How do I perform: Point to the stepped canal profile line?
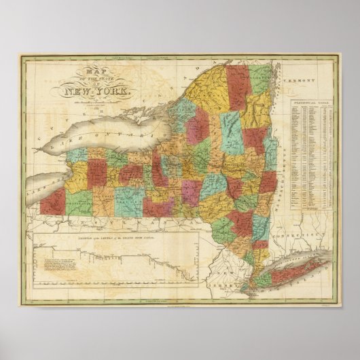(122, 262)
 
